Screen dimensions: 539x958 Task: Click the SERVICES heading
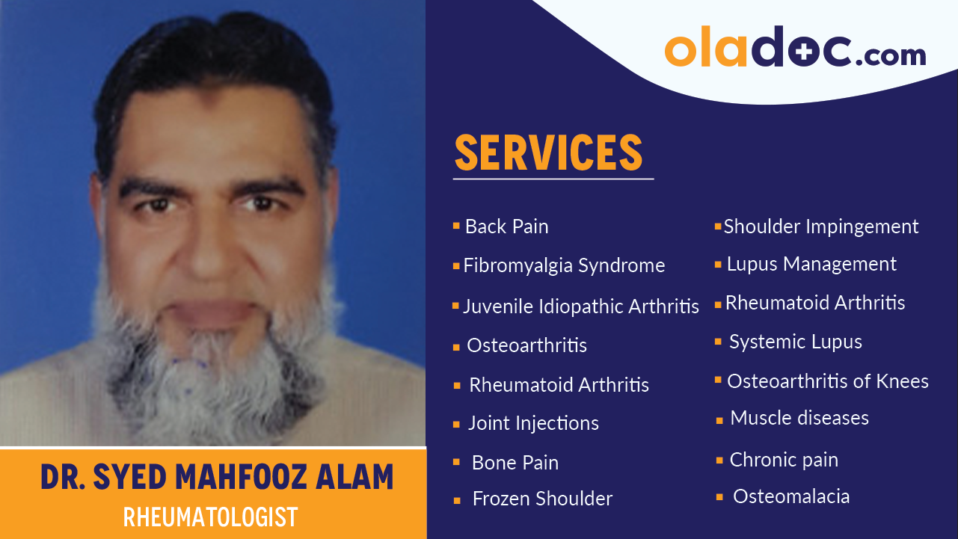tap(548, 153)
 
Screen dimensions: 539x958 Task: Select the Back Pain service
tap(506, 227)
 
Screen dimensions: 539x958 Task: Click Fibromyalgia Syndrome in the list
tap(564, 265)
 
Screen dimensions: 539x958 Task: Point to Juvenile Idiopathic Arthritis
tap(581, 306)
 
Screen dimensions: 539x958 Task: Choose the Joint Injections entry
tap(533, 423)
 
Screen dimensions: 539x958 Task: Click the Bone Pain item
tap(515, 463)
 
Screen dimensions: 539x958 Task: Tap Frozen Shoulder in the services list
tap(542, 499)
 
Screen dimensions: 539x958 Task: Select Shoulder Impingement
tap(820, 227)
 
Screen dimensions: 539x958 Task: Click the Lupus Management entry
tap(811, 264)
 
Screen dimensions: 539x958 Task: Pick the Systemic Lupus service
tap(795, 342)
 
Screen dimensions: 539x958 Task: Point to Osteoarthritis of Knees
tap(827, 381)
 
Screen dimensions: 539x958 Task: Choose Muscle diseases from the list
tap(799, 418)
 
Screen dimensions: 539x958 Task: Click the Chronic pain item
tap(784, 460)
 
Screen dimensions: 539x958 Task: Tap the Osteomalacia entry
tap(791, 496)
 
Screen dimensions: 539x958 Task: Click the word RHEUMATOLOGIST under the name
tap(210, 517)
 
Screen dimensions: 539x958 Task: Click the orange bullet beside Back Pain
tap(456, 225)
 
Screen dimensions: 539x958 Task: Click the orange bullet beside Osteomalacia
tap(719, 496)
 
